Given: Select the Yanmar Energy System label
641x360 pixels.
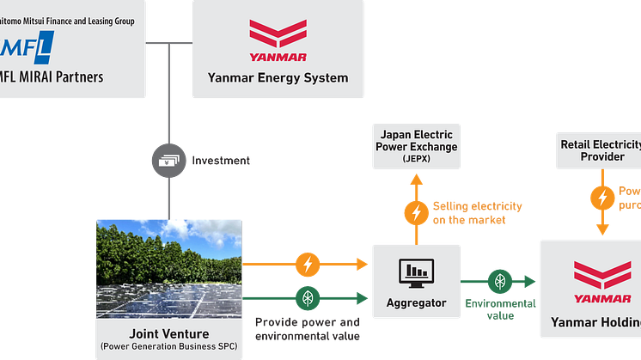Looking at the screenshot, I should pos(278,78).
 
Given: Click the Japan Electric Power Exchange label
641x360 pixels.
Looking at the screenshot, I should pos(416,140).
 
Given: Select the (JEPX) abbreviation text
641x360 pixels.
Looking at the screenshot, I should pos(416,158).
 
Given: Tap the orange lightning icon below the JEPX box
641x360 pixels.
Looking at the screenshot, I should pos(417,211).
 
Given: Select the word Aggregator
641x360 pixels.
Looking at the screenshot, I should pos(417,303).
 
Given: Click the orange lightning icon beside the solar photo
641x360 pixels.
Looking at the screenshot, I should pos(307,263).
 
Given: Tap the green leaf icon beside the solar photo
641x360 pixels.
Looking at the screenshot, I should pos(307,297).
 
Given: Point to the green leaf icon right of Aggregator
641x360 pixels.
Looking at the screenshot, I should pos(499,281).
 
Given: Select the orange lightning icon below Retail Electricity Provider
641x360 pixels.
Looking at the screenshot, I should pos(602,198).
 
